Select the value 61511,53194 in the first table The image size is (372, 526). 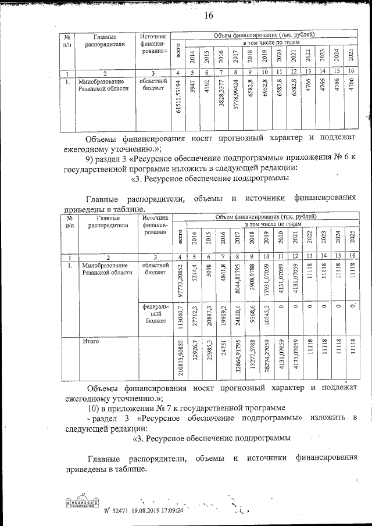(x=177, y=103)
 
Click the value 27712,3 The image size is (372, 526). (x=194, y=317)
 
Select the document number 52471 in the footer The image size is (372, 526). (x=121, y=510)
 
